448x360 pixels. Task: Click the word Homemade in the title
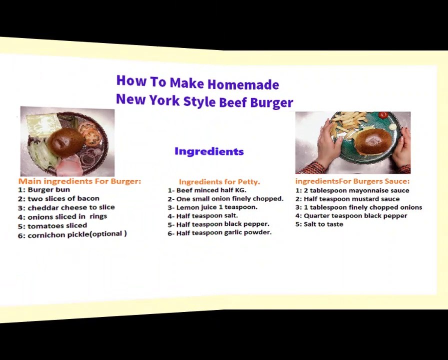pyautogui.click(x=243, y=84)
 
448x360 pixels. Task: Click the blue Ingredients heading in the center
pyautogui.click(x=209, y=151)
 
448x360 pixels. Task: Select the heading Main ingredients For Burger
pyautogui.click(x=79, y=181)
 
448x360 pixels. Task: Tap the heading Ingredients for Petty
pyautogui.click(x=219, y=181)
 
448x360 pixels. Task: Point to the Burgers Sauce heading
pyautogui.click(x=352, y=181)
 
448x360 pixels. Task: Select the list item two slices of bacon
pyautogui.click(x=58, y=198)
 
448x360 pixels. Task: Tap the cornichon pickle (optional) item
pyautogui.click(x=72, y=234)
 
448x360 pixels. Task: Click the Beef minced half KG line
pyautogui.click(x=207, y=190)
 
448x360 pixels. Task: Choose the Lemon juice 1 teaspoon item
pyautogui.click(x=212, y=207)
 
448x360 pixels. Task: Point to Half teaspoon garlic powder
pyautogui.click(x=219, y=232)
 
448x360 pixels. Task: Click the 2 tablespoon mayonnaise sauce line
pyautogui.click(x=352, y=190)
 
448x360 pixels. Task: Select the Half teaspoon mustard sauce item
pyautogui.click(x=347, y=199)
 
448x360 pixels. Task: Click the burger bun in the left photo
pyautogui.click(x=65, y=142)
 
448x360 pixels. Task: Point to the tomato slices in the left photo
pyautogui.click(x=90, y=134)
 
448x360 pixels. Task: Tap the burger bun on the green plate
pyautogui.click(x=372, y=141)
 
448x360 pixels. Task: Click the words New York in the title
pyautogui.click(x=148, y=100)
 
